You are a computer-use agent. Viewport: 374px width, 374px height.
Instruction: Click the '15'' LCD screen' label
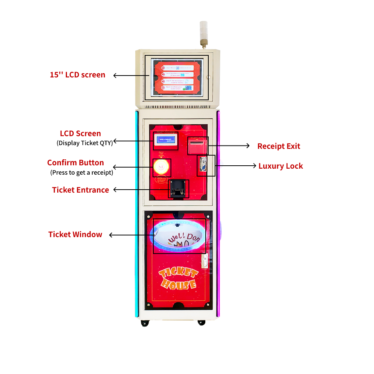[77, 75]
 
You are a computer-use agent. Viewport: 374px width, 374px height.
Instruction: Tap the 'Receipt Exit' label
[279, 146]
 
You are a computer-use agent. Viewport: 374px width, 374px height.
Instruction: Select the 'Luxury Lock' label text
[280, 166]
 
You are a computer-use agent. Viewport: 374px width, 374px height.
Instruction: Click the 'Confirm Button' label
[76, 163]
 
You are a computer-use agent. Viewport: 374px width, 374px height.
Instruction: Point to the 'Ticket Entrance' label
[80, 190]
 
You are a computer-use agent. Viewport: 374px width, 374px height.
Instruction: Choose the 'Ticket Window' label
[75, 234]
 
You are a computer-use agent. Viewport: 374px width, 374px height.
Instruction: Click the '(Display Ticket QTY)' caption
[85, 142]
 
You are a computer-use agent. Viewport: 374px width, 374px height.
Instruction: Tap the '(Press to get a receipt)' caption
[82, 172]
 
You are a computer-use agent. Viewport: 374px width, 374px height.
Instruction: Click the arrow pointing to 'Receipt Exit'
[229, 146]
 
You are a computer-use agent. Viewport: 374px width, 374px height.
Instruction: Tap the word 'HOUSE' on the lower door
[179, 285]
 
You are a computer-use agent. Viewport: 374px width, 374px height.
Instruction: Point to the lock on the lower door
[205, 261]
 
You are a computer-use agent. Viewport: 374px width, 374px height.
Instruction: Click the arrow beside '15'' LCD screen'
[129, 75]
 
